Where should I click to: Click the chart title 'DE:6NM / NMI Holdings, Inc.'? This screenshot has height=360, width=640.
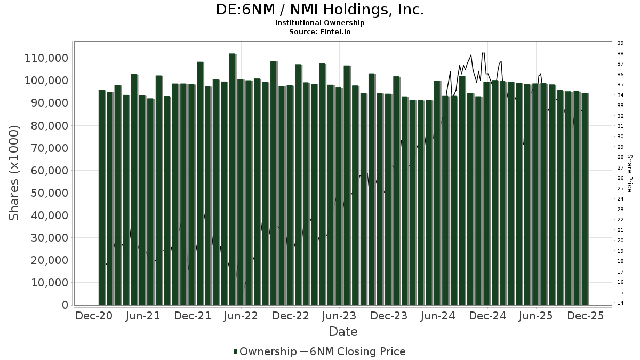(320, 10)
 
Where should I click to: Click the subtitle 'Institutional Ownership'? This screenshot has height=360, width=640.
(320, 23)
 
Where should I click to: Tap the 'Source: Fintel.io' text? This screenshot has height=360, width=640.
(320, 32)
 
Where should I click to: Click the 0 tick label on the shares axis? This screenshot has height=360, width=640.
(65, 305)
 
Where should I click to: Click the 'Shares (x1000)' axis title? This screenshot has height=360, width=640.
(14, 173)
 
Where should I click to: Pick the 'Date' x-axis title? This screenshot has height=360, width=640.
(343, 332)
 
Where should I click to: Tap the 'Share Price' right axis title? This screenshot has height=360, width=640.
(630, 173)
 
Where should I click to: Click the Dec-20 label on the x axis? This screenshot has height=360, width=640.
(94, 316)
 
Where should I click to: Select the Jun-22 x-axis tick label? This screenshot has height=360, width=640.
(242, 316)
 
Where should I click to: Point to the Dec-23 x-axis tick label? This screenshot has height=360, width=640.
(389, 316)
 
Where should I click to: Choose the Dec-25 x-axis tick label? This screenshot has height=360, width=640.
(586, 316)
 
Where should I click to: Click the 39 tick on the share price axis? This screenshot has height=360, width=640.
(620, 43)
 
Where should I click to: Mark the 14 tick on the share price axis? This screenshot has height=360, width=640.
(620, 303)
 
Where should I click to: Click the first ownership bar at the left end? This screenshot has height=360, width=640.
(101, 197)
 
